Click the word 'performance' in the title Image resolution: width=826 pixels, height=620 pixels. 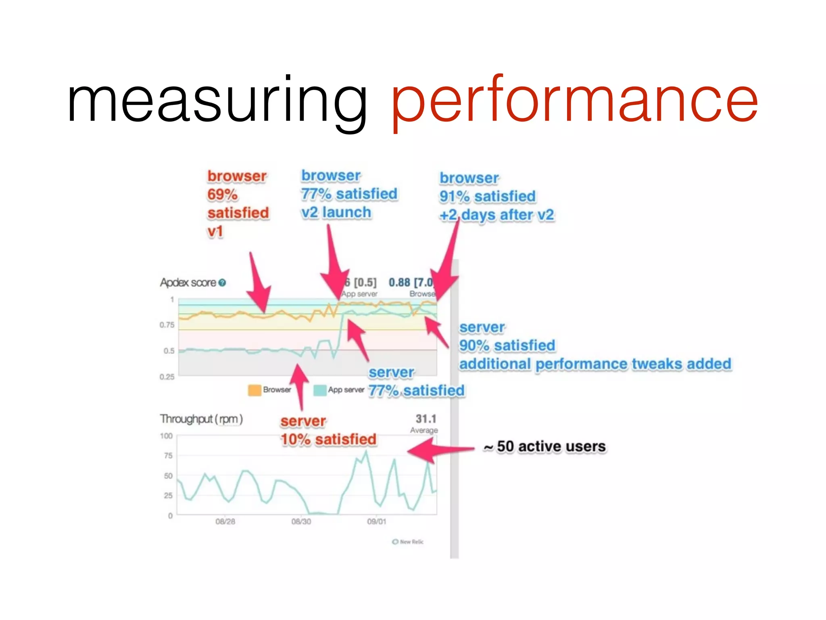[574, 101]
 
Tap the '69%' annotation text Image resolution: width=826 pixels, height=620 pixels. [222, 195]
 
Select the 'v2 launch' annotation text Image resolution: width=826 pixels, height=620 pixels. [336, 212]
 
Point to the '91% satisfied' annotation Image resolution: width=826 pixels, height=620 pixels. [487, 197]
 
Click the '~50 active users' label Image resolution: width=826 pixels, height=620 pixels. [545, 446]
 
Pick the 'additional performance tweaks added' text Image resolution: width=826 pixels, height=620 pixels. [595, 364]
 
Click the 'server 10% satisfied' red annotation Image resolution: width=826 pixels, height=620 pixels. [328, 430]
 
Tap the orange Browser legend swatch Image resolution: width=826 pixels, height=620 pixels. [254, 390]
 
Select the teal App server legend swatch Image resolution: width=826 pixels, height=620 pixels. [320, 390]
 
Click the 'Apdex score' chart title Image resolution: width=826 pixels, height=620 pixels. [188, 283]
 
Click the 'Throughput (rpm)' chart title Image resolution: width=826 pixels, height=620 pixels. [201, 419]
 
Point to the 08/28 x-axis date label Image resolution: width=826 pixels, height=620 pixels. [225, 522]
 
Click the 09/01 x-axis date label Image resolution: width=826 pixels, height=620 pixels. [377, 522]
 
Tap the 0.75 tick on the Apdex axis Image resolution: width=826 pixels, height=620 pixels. [167, 325]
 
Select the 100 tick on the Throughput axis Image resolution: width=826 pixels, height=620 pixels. [166, 436]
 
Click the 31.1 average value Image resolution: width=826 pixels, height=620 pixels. [426, 419]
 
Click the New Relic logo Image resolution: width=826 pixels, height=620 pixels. [408, 542]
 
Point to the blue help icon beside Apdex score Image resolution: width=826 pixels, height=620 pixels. [222, 283]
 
